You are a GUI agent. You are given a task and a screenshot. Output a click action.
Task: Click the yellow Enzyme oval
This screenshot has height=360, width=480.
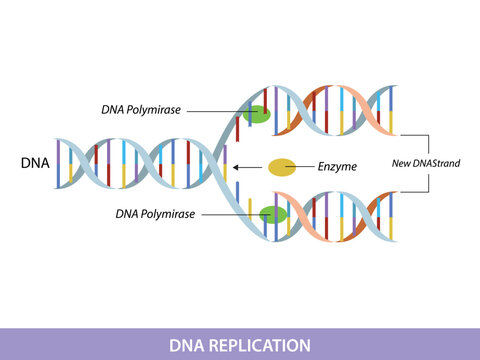click(281, 167)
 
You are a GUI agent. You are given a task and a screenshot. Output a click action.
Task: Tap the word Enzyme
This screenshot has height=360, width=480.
click(337, 167)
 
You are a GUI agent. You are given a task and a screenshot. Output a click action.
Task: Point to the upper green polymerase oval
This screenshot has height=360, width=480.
click(256, 116)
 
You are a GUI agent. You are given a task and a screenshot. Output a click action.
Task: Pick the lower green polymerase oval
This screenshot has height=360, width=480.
click(272, 214)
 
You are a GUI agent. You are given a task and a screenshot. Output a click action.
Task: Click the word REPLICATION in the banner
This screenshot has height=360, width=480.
click(262, 345)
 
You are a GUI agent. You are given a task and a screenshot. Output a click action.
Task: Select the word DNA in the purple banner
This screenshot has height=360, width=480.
click(185, 345)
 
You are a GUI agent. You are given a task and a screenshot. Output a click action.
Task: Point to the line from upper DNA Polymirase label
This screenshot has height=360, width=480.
click(215, 111)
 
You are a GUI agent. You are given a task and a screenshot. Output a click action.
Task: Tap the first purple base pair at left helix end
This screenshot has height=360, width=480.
click(58, 163)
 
